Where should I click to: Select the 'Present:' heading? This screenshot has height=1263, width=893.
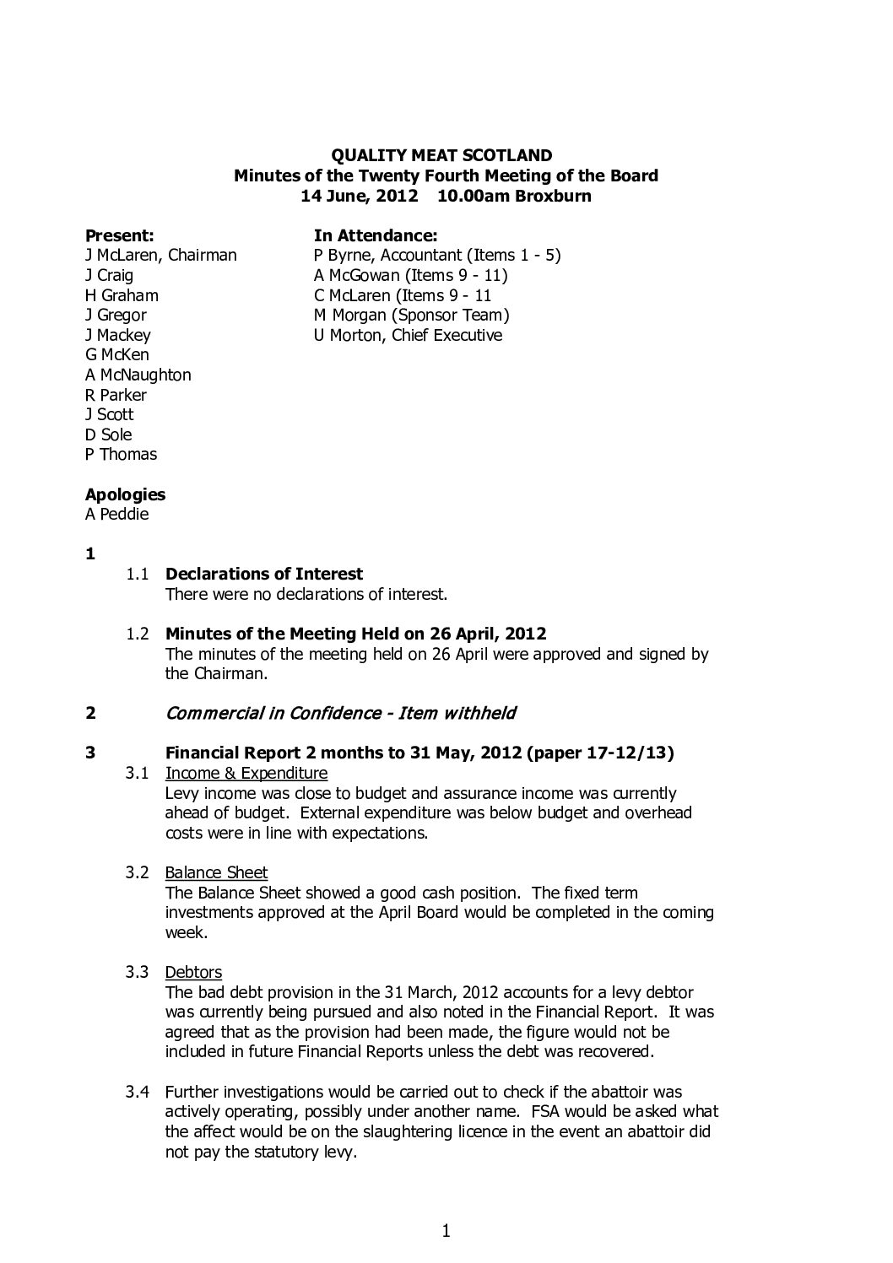click(119, 235)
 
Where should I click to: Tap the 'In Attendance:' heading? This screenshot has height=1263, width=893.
click(375, 235)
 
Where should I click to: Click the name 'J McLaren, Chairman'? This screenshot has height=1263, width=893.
click(160, 255)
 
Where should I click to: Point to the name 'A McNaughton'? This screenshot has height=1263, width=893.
click(138, 375)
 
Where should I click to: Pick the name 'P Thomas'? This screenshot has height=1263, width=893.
click(121, 454)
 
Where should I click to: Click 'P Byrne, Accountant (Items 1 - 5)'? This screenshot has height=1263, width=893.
click(437, 255)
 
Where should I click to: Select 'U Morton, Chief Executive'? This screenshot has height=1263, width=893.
click(408, 335)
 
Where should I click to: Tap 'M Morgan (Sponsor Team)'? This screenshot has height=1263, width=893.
click(411, 315)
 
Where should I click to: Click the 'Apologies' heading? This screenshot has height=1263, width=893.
click(125, 494)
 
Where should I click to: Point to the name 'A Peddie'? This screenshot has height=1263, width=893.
click(116, 514)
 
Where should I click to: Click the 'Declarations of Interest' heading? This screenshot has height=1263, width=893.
click(264, 574)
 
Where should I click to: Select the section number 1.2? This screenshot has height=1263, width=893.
click(138, 634)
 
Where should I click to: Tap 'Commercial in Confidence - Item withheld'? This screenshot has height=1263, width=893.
click(340, 713)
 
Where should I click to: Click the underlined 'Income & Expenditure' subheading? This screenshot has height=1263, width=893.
click(246, 773)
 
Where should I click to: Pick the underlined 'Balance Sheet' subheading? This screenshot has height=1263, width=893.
click(216, 872)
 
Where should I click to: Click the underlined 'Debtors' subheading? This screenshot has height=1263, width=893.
click(193, 972)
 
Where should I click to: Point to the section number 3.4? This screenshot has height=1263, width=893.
click(138, 1092)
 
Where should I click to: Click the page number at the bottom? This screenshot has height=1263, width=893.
click(446, 1232)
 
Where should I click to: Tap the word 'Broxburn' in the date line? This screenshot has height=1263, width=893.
click(554, 196)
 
